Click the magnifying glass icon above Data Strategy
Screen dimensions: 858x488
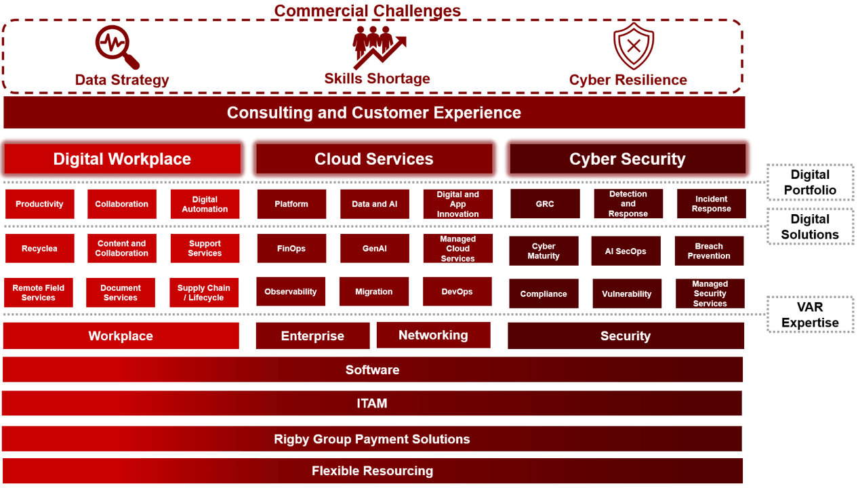(117, 47)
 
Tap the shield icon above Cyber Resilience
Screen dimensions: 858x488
(634, 46)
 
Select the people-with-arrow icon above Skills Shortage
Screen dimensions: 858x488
(379, 47)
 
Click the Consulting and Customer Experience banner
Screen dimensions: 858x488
(374, 113)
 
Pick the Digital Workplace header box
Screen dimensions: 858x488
(122, 159)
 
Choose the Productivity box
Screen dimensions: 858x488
(39, 204)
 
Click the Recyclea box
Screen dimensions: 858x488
(39, 248)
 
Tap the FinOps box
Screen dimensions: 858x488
(291, 248)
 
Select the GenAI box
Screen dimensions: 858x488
(375, 248)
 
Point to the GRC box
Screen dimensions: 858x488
(545, 204)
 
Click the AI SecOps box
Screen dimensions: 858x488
(626, 251)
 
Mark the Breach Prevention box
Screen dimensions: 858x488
(709, 251)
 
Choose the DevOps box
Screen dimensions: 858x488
(457, 291)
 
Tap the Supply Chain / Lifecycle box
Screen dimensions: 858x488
(204, 293)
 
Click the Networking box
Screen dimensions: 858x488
(433, 335)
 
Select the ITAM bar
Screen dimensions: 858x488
(372, 403)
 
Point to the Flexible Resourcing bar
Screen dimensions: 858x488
(372, 471)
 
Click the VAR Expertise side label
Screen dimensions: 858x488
(810, 314)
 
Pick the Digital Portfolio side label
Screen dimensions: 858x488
(810, 182)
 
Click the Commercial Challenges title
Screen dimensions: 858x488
(367, 10)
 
